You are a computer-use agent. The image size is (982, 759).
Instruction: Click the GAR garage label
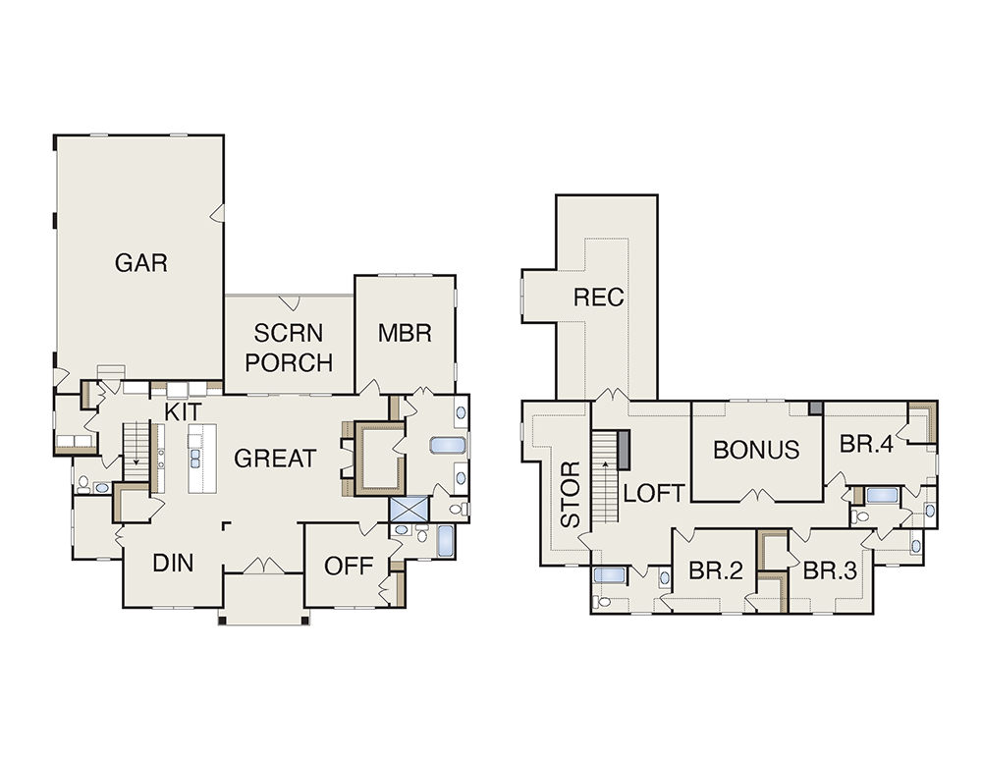(x=140, y=263)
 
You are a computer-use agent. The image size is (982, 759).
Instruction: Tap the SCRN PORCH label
(x=289, y=348)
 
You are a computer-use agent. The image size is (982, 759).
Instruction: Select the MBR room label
(x=405, y=333)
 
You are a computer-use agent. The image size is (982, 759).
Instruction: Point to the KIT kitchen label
(x=184, y=412)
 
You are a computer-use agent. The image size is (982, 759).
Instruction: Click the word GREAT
(x=275, y=459)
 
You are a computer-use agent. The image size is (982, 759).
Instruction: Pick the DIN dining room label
(x=173, y=563)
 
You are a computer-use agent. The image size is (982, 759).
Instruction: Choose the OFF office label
(x=349, y=567)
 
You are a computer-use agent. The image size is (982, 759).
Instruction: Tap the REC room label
(x=599, y=298)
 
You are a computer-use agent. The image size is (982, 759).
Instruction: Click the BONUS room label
(x=756, y=450)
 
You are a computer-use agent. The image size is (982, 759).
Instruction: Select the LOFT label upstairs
(x=654, y=494)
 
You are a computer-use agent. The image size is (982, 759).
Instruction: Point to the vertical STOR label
(x=571, y=495)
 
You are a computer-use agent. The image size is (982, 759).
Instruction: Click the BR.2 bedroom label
(x=716, y=570)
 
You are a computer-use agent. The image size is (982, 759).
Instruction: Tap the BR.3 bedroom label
(x=830, y=570)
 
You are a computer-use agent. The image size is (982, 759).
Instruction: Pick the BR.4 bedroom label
(x=866, y=444)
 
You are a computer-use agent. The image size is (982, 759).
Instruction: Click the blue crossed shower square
(x=409, y=510)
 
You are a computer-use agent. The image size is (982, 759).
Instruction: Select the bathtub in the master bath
(x=448, y=445)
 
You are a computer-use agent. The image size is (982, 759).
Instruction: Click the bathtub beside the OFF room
(x=445, y=541)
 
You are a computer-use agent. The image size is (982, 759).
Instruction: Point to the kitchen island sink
(x=194, y=459)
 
